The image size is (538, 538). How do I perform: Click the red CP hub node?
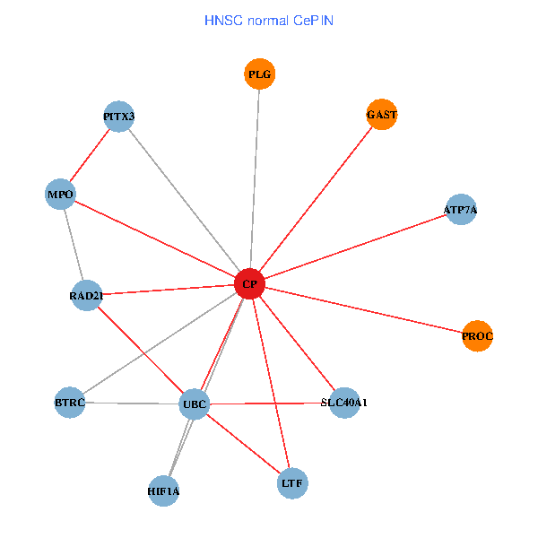tap(249, 284)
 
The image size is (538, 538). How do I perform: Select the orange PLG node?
tap(259, 74)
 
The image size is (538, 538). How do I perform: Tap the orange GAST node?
tap(382, 115)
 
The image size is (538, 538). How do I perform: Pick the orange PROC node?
tap(478, 336)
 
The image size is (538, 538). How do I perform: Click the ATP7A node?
tap(460, 210)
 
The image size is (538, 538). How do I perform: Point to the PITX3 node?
tap(119, 117)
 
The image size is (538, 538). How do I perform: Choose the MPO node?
tap(60, 195)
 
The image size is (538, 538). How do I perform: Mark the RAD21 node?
tap(86, 295)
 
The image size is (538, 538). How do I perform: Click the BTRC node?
tap(70, 403)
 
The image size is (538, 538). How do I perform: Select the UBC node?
tap(195, 404)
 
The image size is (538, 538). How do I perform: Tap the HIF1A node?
tap(163, 490)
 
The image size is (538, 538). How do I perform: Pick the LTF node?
tap(293, 482)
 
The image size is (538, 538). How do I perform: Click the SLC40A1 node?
tap(344, 403)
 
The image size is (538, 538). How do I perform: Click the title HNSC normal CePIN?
tap(269, 20)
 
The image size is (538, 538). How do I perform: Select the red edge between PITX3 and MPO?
tap(90, 155)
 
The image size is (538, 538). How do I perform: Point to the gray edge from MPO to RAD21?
tap(73, 245)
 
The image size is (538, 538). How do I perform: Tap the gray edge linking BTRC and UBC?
tap(132, 403)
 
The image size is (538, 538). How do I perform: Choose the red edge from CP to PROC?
tap(363, 310)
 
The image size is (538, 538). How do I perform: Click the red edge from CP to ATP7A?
tap(354, 247)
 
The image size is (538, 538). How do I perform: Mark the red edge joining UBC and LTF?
tap(244, 443)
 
